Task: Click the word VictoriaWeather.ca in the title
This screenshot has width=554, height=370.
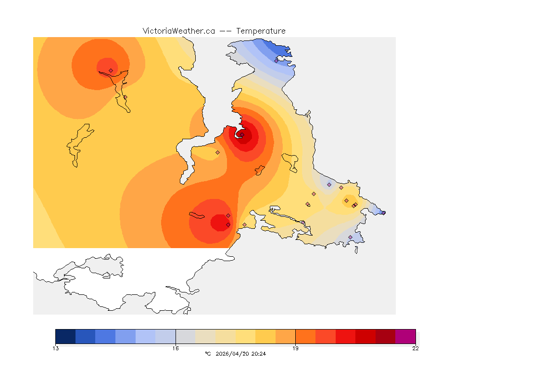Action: tap(178, 31)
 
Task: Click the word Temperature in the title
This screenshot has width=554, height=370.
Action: tap(261, 31)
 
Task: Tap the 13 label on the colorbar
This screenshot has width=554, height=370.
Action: tap(56, 348)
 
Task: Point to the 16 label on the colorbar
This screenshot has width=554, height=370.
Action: tap(176, 348)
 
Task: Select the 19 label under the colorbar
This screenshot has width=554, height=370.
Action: tap(295, 348)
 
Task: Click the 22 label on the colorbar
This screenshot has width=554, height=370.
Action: tap(415, 348)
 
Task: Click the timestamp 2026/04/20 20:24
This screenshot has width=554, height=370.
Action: tap(240, 354)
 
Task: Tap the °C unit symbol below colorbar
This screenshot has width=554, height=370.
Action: tap(208, 354)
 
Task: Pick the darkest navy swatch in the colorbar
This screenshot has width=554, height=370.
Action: tap(65, 336)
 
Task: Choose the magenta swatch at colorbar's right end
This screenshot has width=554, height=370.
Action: tap(405, 336)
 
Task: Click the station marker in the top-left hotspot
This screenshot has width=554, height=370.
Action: tap(111, 70)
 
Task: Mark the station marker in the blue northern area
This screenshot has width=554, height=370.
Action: tap(276, 61)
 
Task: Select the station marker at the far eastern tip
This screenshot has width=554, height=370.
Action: tap(383, 212)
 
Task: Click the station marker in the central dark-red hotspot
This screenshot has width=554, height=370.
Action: tap(242, 135)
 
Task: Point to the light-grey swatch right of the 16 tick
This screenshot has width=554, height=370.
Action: tap(186, 336)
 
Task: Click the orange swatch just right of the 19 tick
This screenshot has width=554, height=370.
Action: tap(305, 336)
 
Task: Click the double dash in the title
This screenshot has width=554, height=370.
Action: tap(226, 31)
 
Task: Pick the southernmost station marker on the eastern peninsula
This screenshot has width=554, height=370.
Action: tap(350, 237)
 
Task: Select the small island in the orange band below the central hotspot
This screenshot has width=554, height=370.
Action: tap(260, 170)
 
